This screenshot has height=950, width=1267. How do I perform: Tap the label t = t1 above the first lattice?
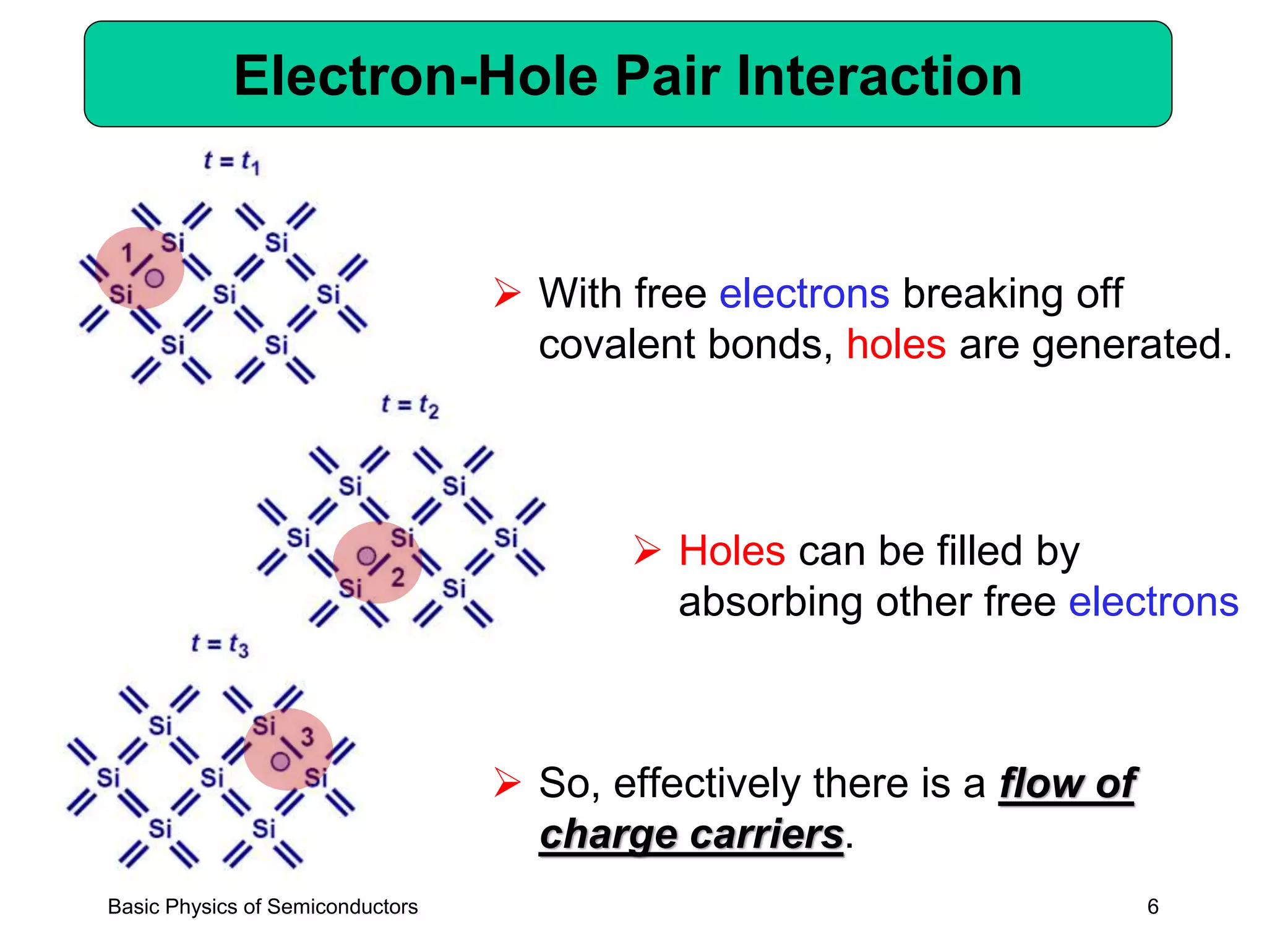[232, 162]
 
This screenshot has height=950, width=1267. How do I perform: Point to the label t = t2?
[410, 406]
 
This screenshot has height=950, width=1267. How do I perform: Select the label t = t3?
[220, 645]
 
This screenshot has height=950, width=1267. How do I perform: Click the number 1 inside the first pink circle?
[127, 253]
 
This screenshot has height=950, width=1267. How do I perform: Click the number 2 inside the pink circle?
[398, 577]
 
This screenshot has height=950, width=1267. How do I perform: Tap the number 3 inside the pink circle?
[307, 737]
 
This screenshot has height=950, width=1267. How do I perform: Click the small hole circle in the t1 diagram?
[154, 279]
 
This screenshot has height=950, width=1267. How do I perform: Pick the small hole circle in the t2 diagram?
[366, 556]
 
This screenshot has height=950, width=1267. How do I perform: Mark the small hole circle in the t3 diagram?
[280, 761]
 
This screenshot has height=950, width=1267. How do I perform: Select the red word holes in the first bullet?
[895, 344]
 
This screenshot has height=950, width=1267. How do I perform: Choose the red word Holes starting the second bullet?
[731, 550]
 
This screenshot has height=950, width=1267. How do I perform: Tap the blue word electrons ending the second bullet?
[1153, 602]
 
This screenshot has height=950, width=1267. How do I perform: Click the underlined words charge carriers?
[691, 834]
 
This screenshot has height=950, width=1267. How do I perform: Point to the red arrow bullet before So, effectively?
[507, 783]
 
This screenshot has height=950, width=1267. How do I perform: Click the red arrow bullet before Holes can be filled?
[647, 550]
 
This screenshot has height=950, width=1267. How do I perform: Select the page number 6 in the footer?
[1153, 907]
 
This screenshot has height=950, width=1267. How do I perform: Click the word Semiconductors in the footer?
[342, 907]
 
